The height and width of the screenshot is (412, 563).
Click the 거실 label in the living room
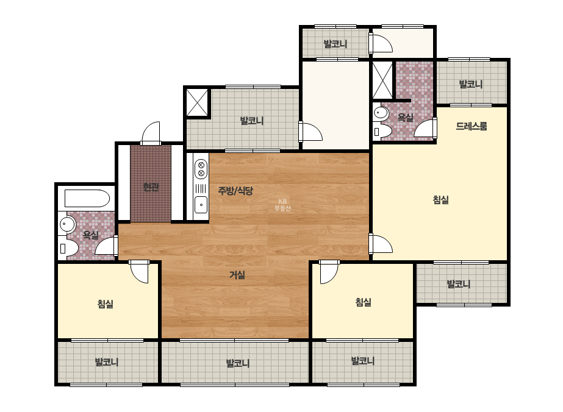tap(237, 275)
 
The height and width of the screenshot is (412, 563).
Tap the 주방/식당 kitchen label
tap(235, 191)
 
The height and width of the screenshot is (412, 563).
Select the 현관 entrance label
tap(151, 187)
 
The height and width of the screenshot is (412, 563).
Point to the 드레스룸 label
tap(472, 126)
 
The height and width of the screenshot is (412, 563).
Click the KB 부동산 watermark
tap(282, 205)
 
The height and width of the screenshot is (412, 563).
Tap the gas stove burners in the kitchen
tap(201, 169)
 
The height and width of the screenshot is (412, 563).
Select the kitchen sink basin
tap(201, 205)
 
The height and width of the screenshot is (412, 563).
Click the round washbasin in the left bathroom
tap(67, 224)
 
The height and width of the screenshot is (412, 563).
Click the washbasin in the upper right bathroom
tap(381, 113)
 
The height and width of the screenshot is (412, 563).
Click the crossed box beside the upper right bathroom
tap(382, 80)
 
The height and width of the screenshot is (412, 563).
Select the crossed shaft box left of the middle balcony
tap(197, 102)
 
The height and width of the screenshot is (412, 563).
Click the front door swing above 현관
tap(151, 133)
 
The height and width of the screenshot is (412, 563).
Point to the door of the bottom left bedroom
tap(139, 271)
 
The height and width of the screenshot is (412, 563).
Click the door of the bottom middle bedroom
tap(329, 272)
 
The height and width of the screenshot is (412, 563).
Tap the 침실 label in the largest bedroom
tap(441, 199)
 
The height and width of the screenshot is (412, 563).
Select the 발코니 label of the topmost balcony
tap(335, 44)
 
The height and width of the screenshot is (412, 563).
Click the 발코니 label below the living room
tap(238, 363)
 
